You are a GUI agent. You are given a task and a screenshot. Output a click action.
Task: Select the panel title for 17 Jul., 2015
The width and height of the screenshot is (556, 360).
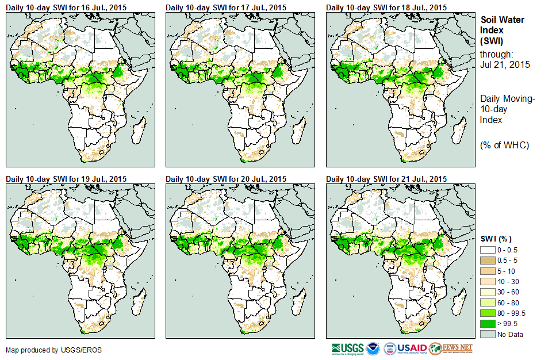click(x=226, y=7)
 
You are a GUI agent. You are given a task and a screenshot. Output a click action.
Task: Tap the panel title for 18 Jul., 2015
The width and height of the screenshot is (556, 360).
click(x=386, y=7)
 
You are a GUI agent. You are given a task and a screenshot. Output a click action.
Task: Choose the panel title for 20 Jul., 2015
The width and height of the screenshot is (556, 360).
click(x=226, y=179)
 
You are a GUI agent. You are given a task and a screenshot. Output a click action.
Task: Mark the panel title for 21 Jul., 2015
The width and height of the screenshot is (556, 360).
click(x=386, y=179)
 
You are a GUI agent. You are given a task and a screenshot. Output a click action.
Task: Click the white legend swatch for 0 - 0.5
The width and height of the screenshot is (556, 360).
click(x=487, y=250)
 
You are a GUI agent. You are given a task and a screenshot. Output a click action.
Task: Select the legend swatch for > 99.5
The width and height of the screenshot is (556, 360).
click(x=487, y=323)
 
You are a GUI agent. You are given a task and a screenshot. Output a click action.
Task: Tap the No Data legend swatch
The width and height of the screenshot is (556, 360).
click(x=487, y=334)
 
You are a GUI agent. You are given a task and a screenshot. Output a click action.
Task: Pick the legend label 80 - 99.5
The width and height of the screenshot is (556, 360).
click(x=512, y=313)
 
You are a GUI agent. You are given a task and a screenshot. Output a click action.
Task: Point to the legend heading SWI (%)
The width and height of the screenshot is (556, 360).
click(x=496, y=239)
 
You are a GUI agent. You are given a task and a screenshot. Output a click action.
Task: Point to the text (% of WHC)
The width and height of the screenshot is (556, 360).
click(x=504, y=145)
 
